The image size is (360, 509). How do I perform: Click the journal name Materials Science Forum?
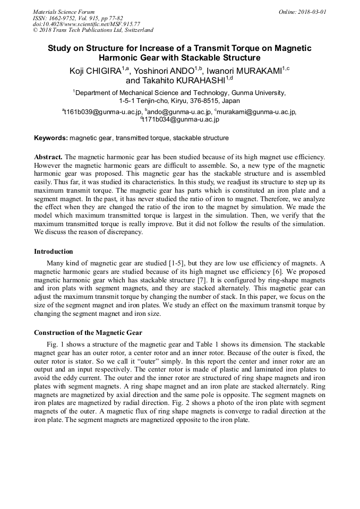coord(64,11)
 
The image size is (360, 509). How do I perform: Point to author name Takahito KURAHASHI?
coord(178,81)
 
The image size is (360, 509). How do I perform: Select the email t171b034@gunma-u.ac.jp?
coord(181,119)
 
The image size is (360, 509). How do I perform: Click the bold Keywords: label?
coord(51,138)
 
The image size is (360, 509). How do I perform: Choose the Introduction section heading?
coord(54,251)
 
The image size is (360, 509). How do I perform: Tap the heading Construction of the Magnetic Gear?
coord(88,333)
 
